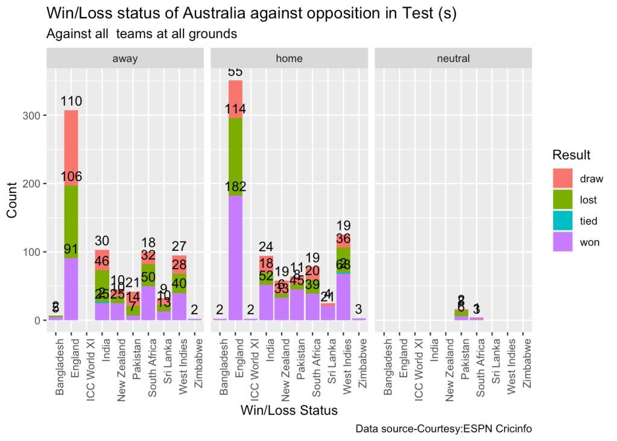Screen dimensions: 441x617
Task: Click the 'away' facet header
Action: (125, 59)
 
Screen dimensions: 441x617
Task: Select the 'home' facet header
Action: (289, 59)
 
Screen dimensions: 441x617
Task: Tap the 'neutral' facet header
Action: (453, 59)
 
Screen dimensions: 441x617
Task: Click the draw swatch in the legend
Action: (563, 178)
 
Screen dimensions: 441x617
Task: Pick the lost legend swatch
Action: (563, 200)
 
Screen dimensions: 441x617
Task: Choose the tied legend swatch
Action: (563, 221)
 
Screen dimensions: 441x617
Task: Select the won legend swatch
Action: (563, 243)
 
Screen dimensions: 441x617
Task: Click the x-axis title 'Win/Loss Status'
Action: (289, 410)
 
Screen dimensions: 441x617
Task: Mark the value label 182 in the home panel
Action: (235, 186)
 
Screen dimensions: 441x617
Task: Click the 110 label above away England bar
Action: (71, 101)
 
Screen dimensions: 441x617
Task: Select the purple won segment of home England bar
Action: (235, 259)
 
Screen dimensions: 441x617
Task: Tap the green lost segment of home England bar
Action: (235, 157)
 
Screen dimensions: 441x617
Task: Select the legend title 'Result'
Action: (571, 156)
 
